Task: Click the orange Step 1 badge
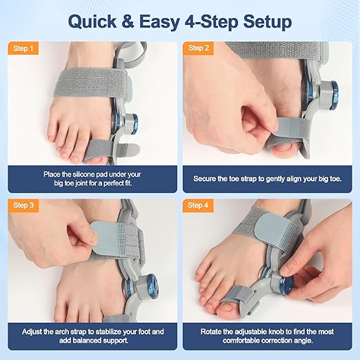23,48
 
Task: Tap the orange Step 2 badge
199,48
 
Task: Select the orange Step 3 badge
23,205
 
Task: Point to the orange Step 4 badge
198,205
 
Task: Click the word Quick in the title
92,21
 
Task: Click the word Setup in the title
268,21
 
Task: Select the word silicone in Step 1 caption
84,174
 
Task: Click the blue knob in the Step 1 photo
133,124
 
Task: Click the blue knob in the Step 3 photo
152,287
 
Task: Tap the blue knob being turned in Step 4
287,285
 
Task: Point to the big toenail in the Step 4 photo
228,308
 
